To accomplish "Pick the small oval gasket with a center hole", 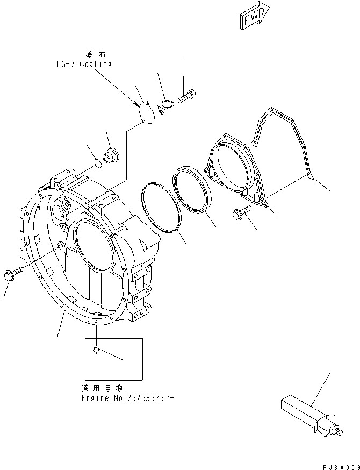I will [165, 105].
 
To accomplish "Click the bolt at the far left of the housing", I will [13, 274].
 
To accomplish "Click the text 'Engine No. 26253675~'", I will [128, 398].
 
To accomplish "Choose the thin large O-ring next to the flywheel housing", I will [160, 206].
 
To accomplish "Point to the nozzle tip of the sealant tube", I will [342, 430].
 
